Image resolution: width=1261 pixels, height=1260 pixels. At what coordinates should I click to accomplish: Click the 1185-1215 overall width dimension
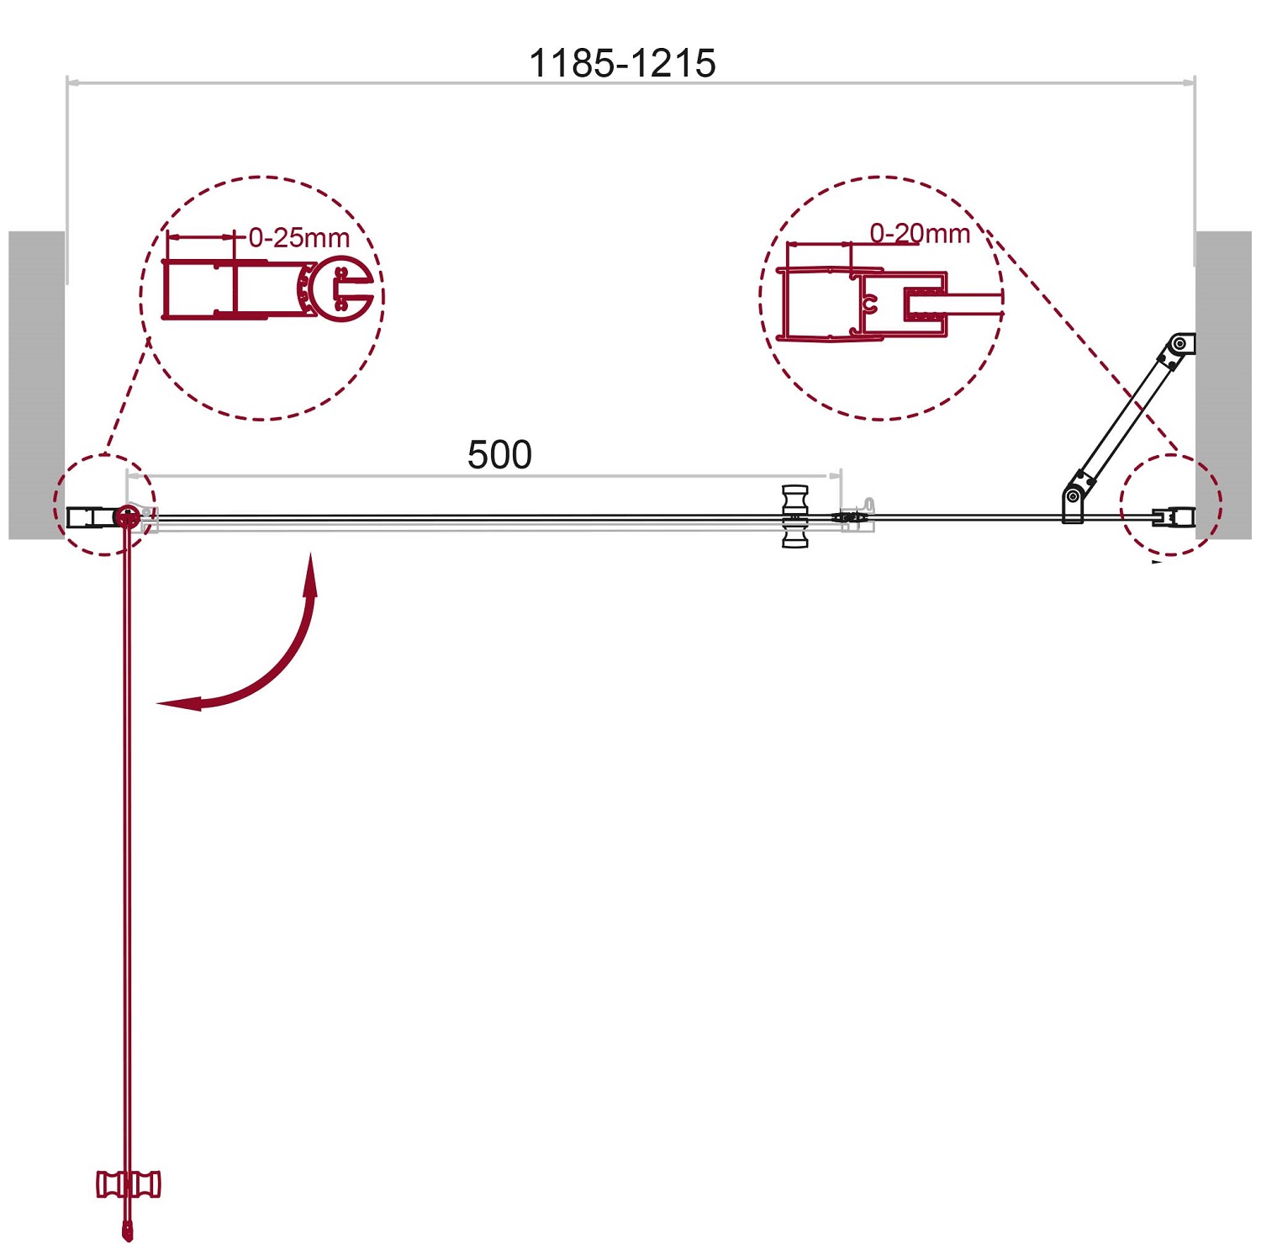tap(622, 63)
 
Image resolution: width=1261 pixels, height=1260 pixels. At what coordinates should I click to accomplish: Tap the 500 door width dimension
tap(499, 455)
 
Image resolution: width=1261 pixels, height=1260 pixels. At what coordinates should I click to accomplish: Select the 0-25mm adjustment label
tap(299, 237)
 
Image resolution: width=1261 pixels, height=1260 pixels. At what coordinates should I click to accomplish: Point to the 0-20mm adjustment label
tap(920, 233)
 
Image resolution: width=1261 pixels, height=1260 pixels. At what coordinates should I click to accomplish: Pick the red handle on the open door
tap(128, 1183)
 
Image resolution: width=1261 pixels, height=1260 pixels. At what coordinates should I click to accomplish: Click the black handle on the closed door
tap(794, 516)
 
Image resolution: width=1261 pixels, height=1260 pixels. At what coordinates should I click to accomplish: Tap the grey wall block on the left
tap(37, 384)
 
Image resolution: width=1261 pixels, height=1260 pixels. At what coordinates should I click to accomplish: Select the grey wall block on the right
tap(1223, 384)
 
